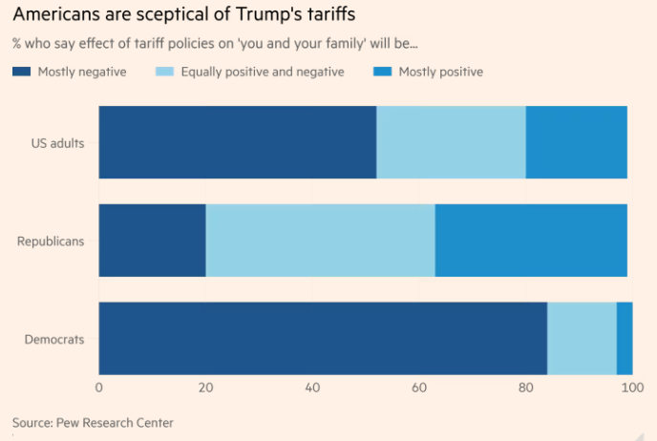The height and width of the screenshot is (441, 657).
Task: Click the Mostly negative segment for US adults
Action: tap(238, 142)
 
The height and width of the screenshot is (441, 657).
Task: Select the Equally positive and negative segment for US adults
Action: tap(451, 142)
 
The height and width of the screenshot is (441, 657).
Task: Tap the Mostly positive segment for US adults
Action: tap(577, 142)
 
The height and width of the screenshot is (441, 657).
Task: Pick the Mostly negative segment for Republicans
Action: tap(153, 241)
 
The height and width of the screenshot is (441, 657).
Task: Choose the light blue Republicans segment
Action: tap(321, 241)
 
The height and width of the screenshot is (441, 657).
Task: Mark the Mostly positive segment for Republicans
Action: tap(531, 241)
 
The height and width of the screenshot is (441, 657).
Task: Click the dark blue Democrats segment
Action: tap(323, 339)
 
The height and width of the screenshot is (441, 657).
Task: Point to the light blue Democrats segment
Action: tap(582, 339)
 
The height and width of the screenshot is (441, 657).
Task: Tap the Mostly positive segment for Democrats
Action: tap(625, 339)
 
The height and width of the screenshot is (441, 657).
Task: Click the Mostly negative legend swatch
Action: tap(22, 72)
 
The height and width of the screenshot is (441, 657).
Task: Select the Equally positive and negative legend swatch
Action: tap(165, 72)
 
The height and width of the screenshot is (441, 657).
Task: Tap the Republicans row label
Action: tap(51, 241)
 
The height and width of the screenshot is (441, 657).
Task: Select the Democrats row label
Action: tap(54, 340)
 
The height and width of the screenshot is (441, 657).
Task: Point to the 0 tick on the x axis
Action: tap(99, 387)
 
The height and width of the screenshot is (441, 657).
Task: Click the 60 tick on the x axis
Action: tap(418, 387)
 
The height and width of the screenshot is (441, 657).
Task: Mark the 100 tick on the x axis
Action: tap(630, 387)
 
